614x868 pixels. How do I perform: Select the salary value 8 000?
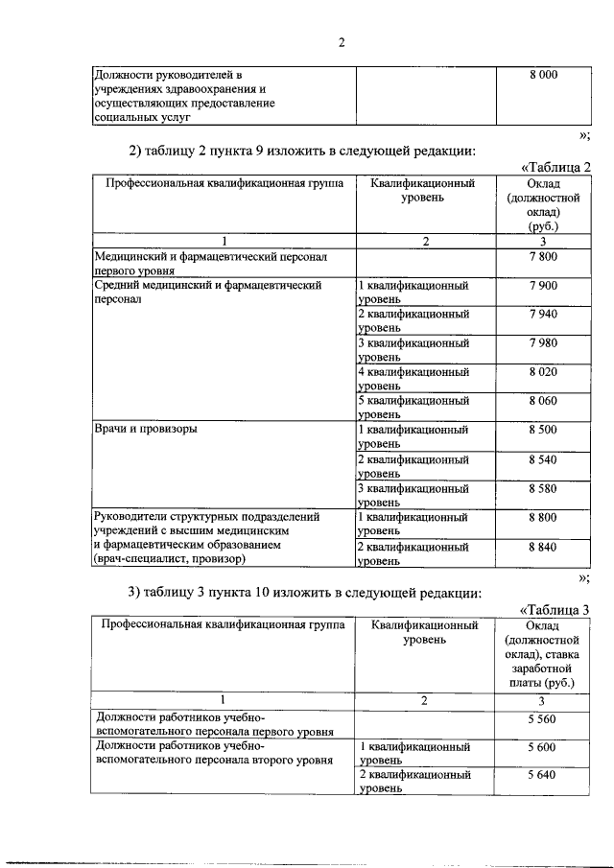(542, 75)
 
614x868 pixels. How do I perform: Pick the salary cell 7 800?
(542, 257)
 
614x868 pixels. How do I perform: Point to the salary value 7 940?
(542, 315)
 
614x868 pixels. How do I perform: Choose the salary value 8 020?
(542, 372)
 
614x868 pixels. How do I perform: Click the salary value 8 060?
(542, 401)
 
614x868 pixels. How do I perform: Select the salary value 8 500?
(542, 430)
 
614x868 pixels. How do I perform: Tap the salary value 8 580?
(542, 488)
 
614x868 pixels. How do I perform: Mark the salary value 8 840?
(542, 547)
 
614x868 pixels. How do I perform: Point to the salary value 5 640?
(542, 775)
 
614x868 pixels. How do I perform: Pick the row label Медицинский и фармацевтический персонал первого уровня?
(210, 265)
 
